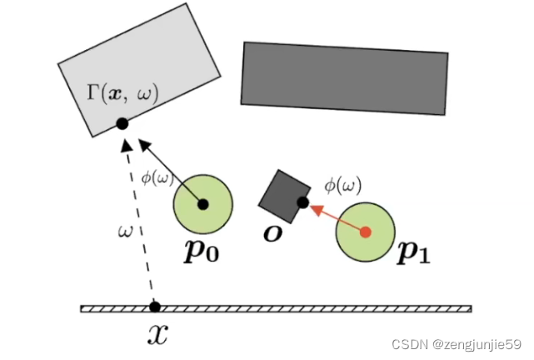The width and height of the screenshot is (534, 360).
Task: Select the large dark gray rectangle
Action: (x=344, y=77)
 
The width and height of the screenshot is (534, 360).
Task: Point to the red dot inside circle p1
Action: (x=364, y=232)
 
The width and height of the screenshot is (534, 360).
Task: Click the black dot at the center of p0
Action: (x=202, y=202)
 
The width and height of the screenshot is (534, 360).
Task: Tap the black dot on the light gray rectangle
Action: (x=122, y=123)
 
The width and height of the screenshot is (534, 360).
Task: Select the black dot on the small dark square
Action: (x=303, y=202)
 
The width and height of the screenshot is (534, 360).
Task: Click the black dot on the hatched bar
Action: (x=154, y=307)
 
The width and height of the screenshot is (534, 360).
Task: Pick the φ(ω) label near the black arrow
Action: (x=156, y=176)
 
